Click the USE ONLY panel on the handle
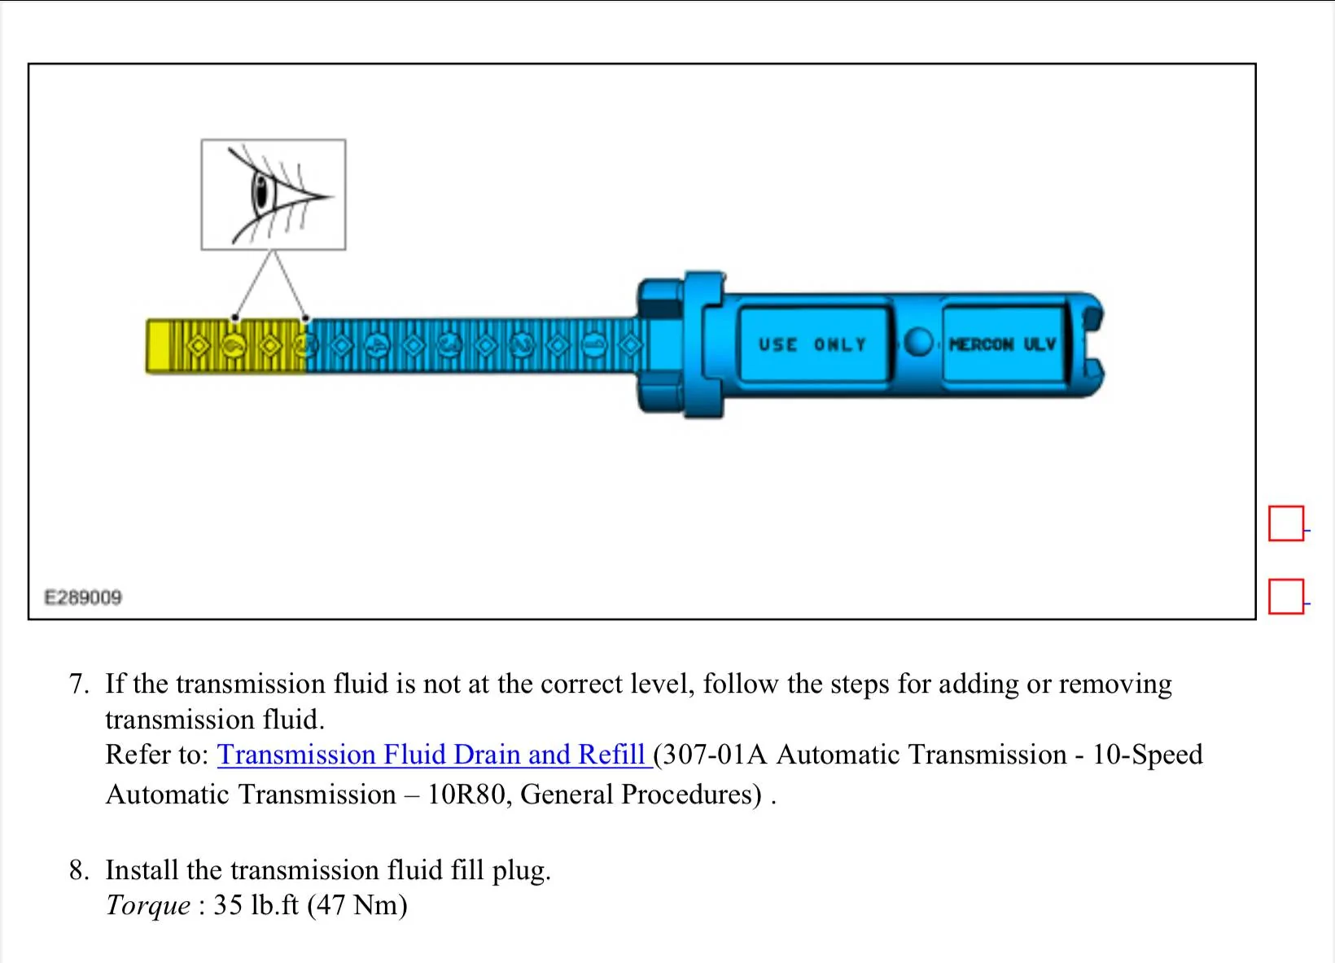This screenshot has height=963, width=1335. pyautogui.click(x=812, y=344)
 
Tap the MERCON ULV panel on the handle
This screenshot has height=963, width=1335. pyautogui.click(x=1003, y=344)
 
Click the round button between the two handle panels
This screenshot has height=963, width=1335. pyautogui.click(x=918, y=342)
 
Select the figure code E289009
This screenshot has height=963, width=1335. pyautogui.click(x=83, y=597)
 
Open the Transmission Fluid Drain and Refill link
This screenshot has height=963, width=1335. pyautogui.click(x=431, y=755)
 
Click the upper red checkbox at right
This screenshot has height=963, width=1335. pyautogui.click(x=1285, y=523)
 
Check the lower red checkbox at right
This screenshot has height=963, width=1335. pyautogui.click(x=1285, y=597)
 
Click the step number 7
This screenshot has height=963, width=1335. pyautogui.click(x=78, y=684)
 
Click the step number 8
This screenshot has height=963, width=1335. pyautogui.click(x=78, y=870)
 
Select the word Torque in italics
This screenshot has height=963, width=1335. pyautogui.click(x=148, y=905)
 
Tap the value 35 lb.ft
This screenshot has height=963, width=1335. pyautogui.click(x=256, y=905)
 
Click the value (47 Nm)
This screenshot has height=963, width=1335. pyautogui.click(x=357, y=905)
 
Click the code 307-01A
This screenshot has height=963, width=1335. pyautogui.click(x=713, y=755)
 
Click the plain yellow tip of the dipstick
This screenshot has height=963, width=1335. pyautogui.click(x=159, y=346)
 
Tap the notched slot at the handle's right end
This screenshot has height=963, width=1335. pyautogui.click(x=1096, y=345)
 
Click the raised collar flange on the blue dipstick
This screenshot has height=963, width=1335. pyautogui.click(x=703, y=345)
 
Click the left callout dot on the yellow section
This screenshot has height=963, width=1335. pyautogui.click(x=234, y=317)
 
